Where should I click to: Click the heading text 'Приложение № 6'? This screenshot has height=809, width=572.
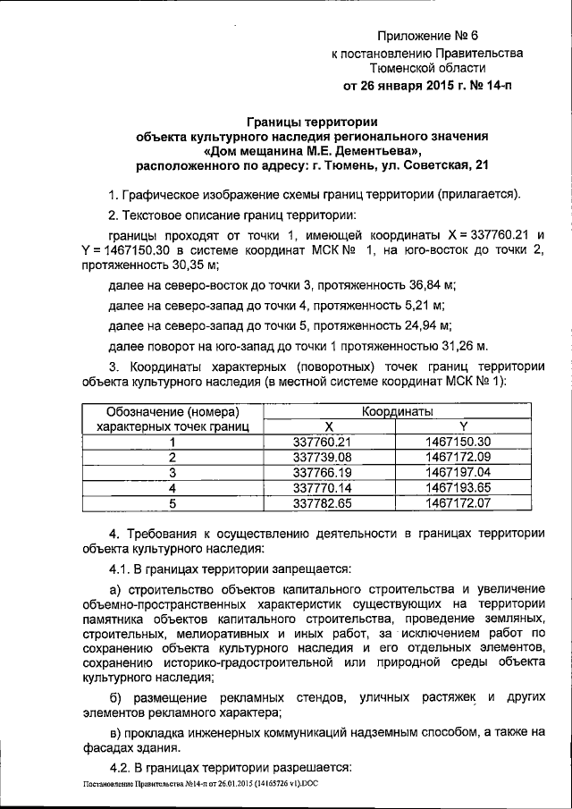428,37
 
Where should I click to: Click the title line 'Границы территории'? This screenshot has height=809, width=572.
312,122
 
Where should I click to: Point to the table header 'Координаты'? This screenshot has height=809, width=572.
398,411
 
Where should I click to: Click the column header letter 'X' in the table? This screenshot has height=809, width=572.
328,426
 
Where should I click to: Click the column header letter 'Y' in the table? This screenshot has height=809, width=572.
462,426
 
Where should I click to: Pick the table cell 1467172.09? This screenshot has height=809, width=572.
459,457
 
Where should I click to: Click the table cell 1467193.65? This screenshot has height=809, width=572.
459,487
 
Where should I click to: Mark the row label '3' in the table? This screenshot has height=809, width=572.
172,472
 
